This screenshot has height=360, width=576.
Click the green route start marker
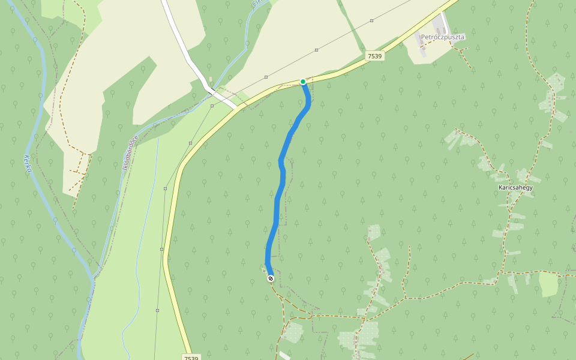[x=303, y=82]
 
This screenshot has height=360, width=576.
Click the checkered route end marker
[x=271, y=278]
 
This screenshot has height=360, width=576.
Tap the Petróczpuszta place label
[x=443, y=37]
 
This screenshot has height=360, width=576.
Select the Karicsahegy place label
[x=515, y=187]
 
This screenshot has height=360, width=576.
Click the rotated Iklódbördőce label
[x=130, y=152]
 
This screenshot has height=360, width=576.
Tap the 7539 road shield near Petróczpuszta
[x=374, y=56]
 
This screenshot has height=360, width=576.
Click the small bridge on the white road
[x=211, y=90]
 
